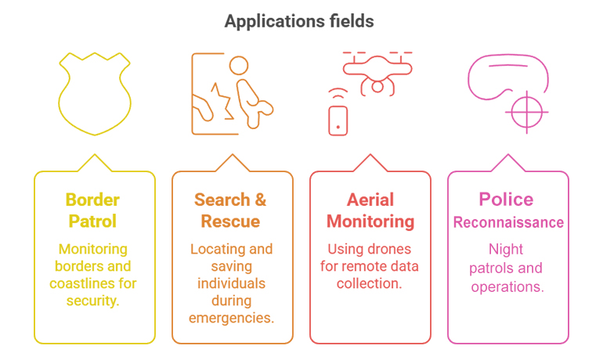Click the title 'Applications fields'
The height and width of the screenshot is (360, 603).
point(301,20)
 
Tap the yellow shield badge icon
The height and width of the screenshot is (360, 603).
point(94,94)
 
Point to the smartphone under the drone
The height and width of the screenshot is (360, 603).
point(338,119)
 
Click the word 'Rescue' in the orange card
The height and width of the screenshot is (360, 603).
point(231,221)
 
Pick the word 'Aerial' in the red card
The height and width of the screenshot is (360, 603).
point(370,200)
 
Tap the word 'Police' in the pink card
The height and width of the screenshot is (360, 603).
point(507,200)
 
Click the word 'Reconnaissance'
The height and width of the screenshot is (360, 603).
point(508,223)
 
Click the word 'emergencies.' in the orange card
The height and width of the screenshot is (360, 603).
point(231,318)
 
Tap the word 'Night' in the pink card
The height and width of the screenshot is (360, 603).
point(507,250)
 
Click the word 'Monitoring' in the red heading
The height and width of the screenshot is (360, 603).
point(370,221)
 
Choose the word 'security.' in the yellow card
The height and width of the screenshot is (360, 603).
point(94,301)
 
